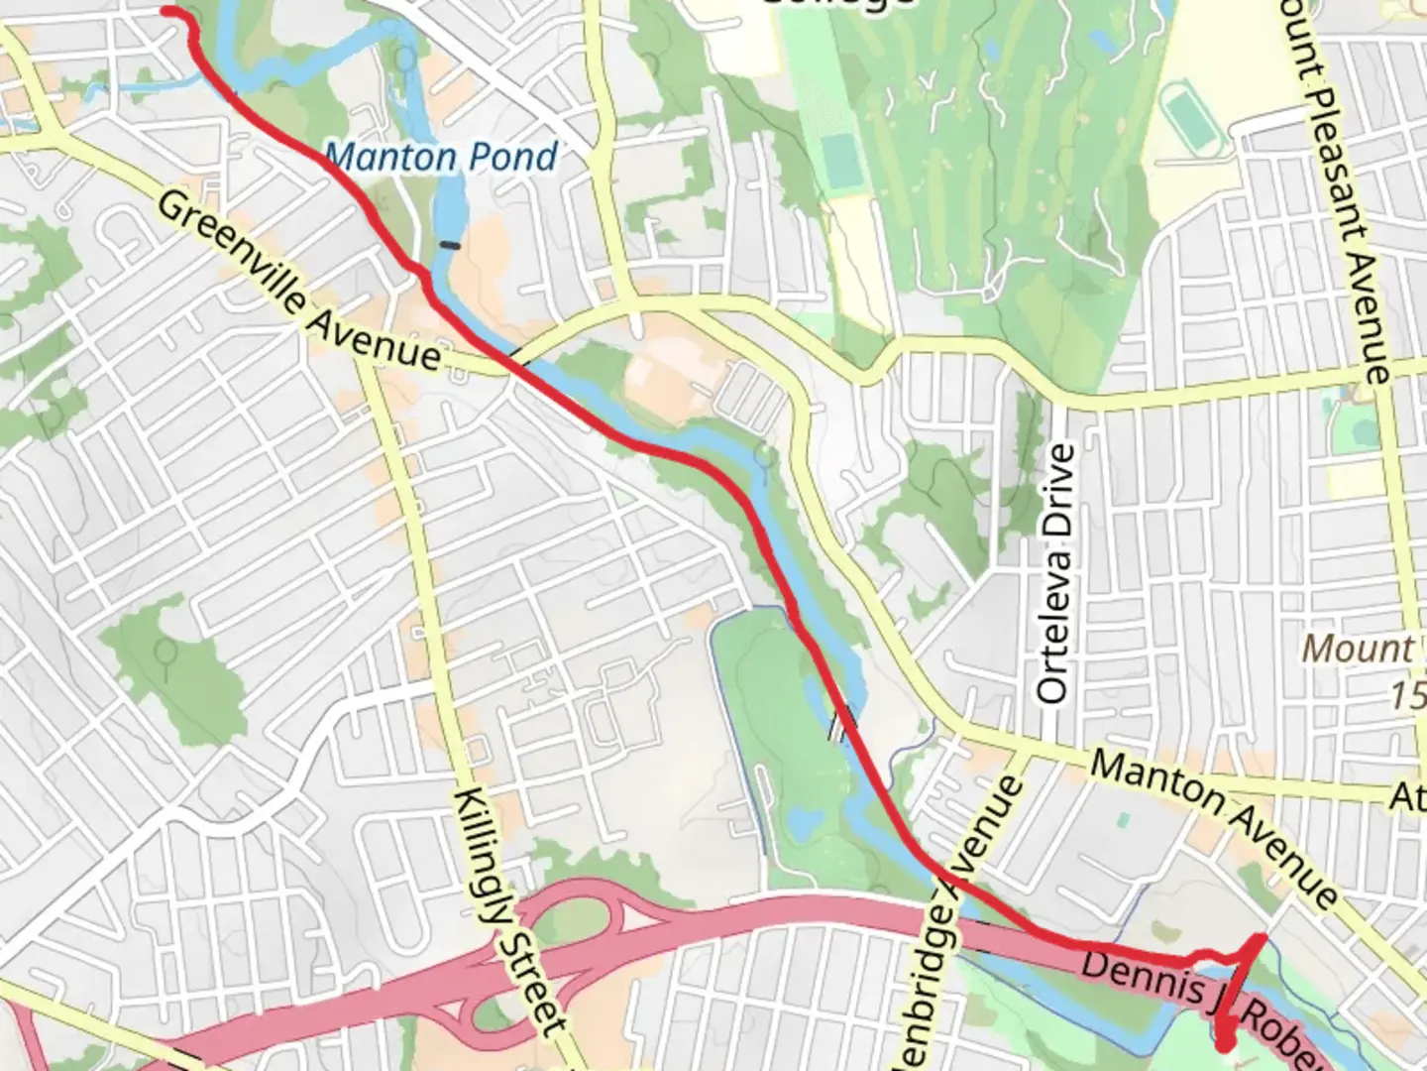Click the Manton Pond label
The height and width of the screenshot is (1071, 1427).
click(x=441, y=157)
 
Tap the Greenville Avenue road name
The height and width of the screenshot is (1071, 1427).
click(x=297, y=283)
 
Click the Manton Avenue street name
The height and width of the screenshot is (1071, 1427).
click(x=1214, y=829)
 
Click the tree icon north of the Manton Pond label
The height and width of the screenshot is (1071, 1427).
click(x=405, y=58)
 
